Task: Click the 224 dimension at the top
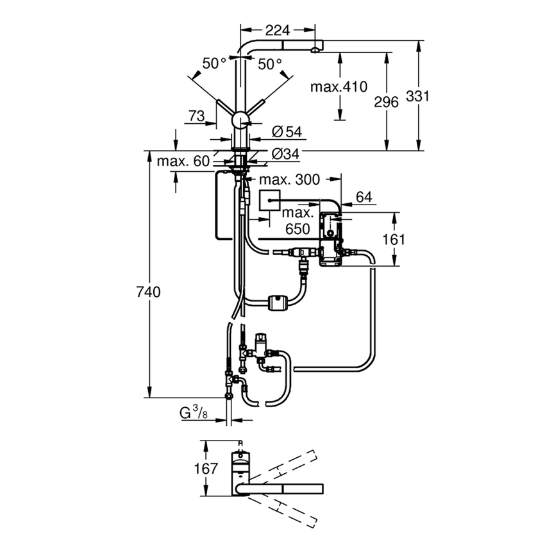point(277,30)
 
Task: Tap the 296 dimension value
point(386,101)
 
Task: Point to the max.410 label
point(337,87)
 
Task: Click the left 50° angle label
point(215,63)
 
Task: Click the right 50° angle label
point(270,63)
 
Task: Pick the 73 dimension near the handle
point(197,115)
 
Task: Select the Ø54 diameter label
point(286,131)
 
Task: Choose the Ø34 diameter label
point(286,154)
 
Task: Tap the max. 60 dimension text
point(183,161)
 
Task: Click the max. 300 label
point(289,180)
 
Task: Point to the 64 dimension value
point(364,197)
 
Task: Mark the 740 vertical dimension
point(148,292)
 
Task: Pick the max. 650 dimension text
point(298,220)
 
